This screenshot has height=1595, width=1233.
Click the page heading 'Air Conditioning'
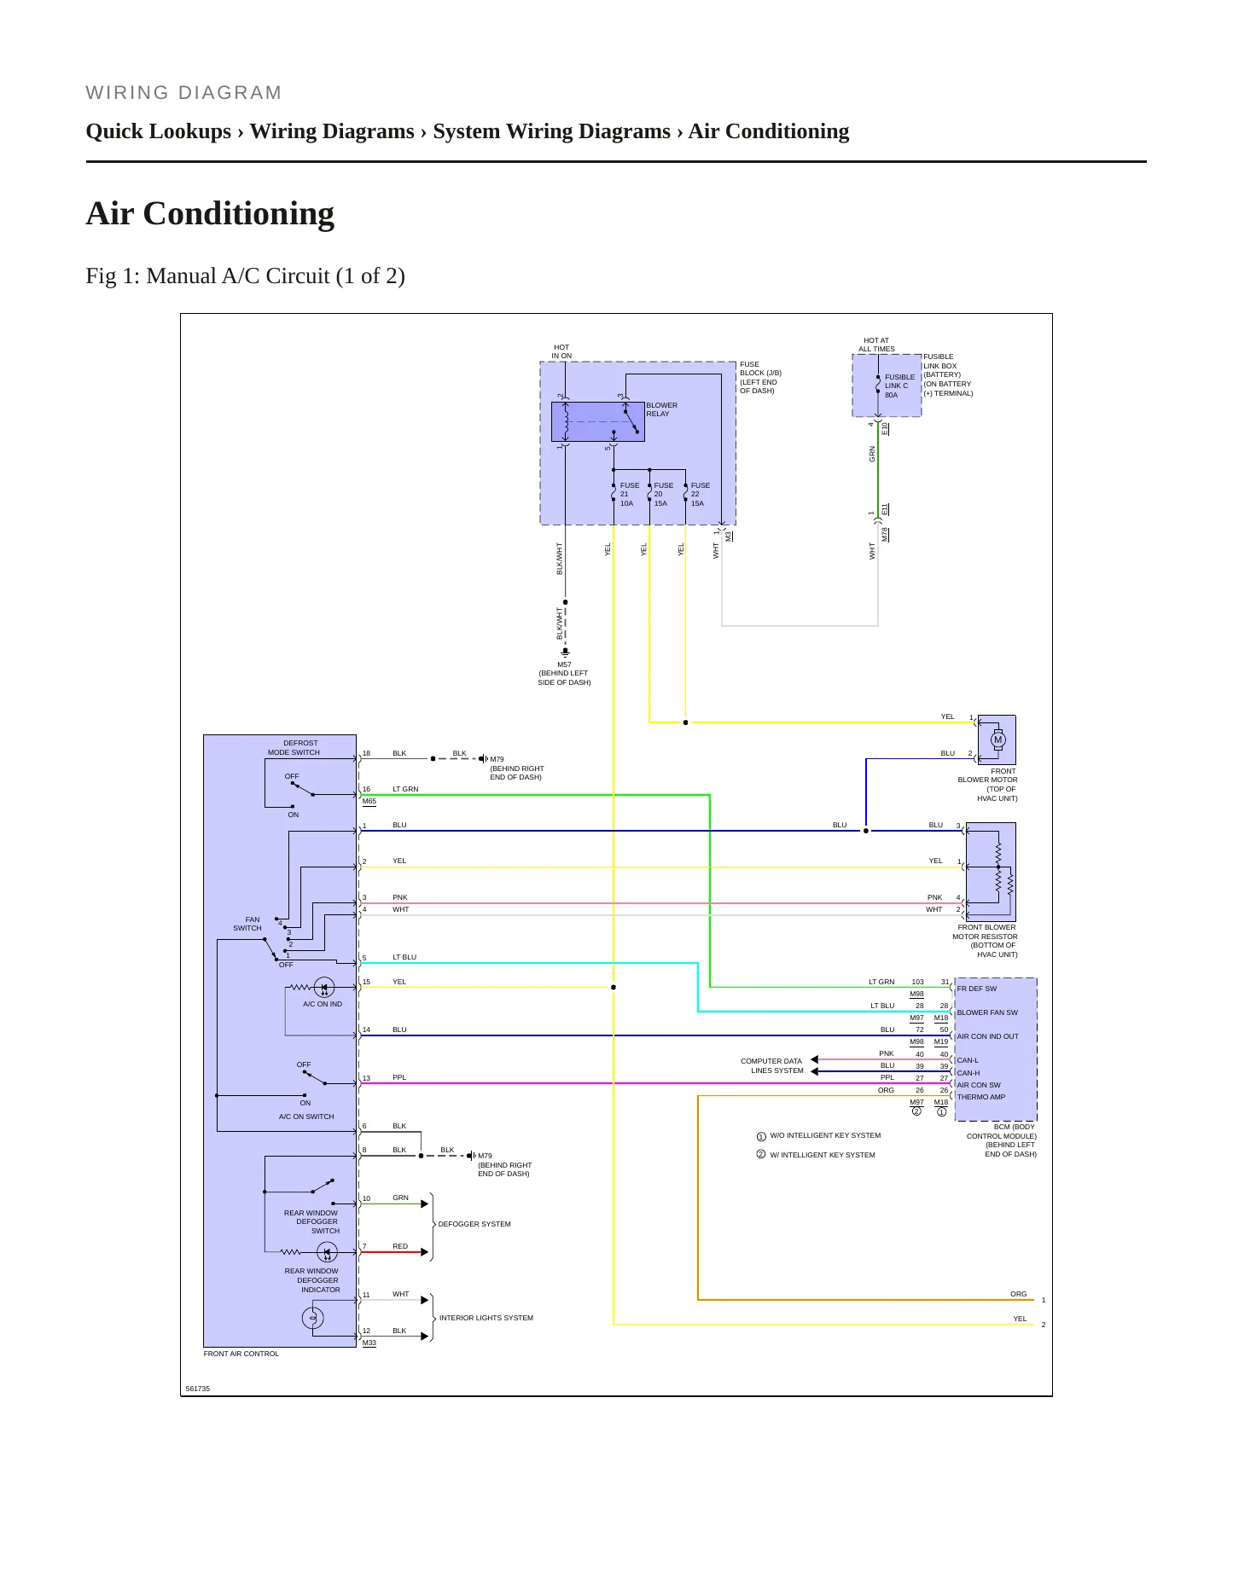click(x=210, y=213)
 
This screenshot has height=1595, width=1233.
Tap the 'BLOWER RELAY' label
click(x=661, y=409)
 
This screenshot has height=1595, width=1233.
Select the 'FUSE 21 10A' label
click(x=629, y=495)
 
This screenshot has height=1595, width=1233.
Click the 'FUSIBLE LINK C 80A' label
click(x=899, y=386)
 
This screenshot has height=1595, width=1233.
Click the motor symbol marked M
click(x=997, y=739)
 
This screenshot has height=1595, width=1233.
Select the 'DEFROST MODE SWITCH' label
click(x=294, y=747)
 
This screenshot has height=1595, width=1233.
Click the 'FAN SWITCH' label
click(x=247, y=924)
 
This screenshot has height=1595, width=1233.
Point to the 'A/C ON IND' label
click(x=323, y=1004)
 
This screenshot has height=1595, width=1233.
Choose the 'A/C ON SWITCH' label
click(x=306, y=1116)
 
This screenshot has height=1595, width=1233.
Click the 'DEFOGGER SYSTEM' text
click(x=474, y=1224)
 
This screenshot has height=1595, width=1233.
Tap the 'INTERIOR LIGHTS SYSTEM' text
click(x=486, y=1318)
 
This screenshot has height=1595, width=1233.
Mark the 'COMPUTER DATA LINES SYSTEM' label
click(x=772, y=1066)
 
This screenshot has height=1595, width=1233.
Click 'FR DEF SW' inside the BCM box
click(x=976, y=989)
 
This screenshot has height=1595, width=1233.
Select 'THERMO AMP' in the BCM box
click(x=981, y=1097)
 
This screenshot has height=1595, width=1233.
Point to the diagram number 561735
click(x=198, y=1389)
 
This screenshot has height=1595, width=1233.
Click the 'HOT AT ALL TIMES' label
click(x=876, y=345)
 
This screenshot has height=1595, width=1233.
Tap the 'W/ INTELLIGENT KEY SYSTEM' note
click(x=823, y=1155)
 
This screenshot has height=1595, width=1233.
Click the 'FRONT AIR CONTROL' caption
click(x=241, y=1354)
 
